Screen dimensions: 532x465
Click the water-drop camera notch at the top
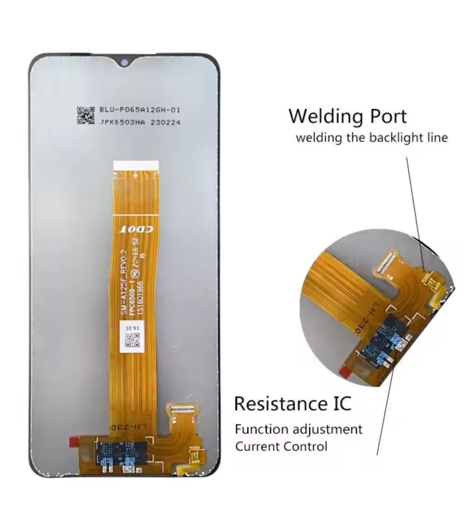pos(124,64)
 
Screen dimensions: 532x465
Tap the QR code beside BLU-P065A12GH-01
pos(86,116)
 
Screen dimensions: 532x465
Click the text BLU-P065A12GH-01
pos(139,110)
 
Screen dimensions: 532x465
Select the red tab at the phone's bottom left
pos(74,441)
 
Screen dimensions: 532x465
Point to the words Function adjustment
pos(298,429)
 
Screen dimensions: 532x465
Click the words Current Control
pos(281,446)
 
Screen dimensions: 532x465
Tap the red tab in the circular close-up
pos(345,368)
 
